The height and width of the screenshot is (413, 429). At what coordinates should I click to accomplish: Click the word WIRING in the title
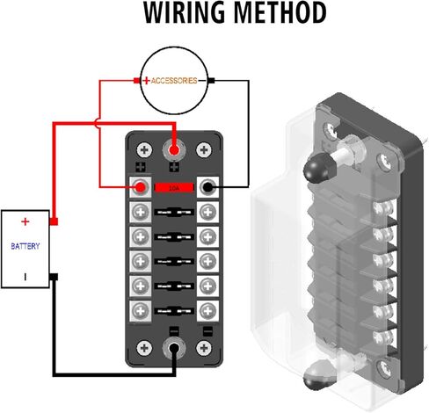click(x=184, y=12)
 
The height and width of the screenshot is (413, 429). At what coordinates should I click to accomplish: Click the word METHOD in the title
click(x=280, y=12)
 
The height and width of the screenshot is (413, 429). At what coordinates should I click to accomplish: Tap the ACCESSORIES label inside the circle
click(x=174, y=81)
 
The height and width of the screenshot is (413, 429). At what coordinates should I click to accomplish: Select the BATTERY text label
click(x=25, y=246)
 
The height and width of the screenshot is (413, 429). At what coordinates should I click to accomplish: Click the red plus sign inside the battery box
click(x=25, y=221)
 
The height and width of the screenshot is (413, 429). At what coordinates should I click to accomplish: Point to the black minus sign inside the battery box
click(x=25, y=277)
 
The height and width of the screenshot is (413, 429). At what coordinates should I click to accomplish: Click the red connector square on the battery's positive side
click(x=54, y=221)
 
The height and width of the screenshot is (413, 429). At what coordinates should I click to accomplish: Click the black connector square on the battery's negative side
click(x=54, y=277)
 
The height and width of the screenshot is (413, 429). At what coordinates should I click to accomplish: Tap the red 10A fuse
click(x=174, y=188)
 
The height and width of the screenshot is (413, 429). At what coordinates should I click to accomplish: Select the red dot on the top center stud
click(x=174, y=150)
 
